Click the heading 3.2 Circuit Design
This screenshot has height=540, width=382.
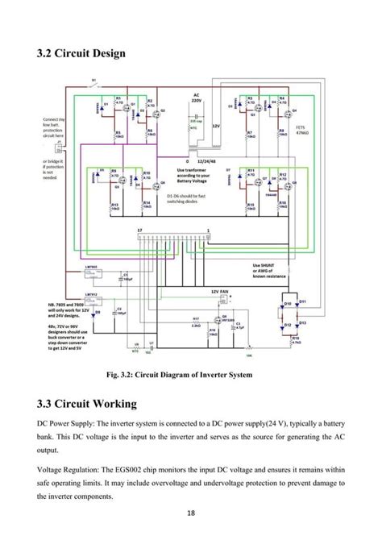tap(80, 54)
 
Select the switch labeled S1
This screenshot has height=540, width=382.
tap(94, 81)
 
